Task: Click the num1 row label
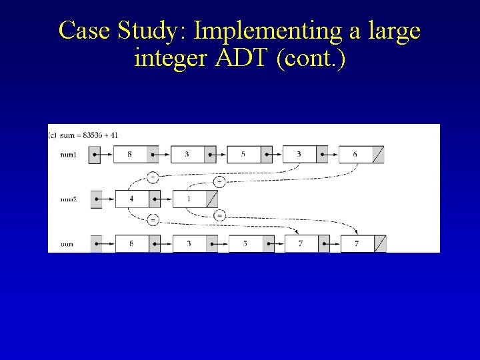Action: (68, 155)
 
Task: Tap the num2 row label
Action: (68, 199)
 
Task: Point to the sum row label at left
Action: (67, 245)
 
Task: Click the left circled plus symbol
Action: (153, 177)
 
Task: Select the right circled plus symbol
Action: (219, 181)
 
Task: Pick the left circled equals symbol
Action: (153, 220)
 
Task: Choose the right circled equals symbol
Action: (219, 215)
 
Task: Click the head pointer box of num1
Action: (95, 155)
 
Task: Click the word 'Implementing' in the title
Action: (264, 30)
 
